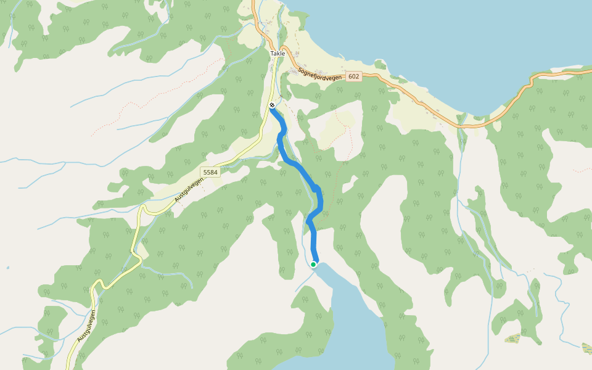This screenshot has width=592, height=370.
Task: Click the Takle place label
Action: (x=277, y=54)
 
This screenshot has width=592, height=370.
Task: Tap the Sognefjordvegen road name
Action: (x=320, y=73)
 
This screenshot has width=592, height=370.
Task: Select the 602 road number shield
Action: (x=353, y=76)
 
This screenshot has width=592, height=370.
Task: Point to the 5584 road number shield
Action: (x=210, y=172)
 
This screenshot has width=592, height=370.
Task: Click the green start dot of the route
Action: (x=313, y=265)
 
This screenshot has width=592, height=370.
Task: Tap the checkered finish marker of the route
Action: (x=272, y=105)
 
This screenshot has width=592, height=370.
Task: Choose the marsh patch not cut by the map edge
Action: (x=513, y=338)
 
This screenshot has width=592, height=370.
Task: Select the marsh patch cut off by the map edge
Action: (x=587, y=348)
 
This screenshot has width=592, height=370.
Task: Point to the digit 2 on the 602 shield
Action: (x=357, y=76)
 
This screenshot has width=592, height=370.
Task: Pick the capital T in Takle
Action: (x=272, y=54)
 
